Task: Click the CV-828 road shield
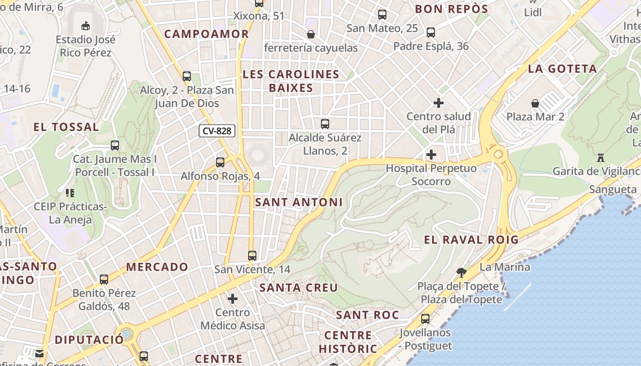coord(217,131)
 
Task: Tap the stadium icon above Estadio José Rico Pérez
coord(85,25)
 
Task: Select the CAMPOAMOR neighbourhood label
coord(206,34)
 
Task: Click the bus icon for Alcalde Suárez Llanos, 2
coord(325,124)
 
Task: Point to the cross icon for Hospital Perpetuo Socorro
coord(431,155)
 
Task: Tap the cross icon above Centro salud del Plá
coord(438,102)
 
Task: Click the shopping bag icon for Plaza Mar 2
coord(535,103)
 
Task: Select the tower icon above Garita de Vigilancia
coord(601,158)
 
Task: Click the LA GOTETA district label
coord(562,69)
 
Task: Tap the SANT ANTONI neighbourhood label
coord(299,202)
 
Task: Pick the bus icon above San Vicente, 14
coord(252,255)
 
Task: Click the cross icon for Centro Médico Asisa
coord(233,299)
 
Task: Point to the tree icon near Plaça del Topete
coord(461,273)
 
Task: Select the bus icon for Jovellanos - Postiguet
coord(425,318)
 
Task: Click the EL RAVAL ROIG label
coord(471,240)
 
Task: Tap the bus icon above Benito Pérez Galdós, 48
coord(104,279)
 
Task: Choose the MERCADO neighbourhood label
coord(157,267)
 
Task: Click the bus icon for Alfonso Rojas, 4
coord(220,162)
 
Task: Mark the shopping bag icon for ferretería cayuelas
coord(311,34)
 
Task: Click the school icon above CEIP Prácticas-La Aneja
coord(70,193)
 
